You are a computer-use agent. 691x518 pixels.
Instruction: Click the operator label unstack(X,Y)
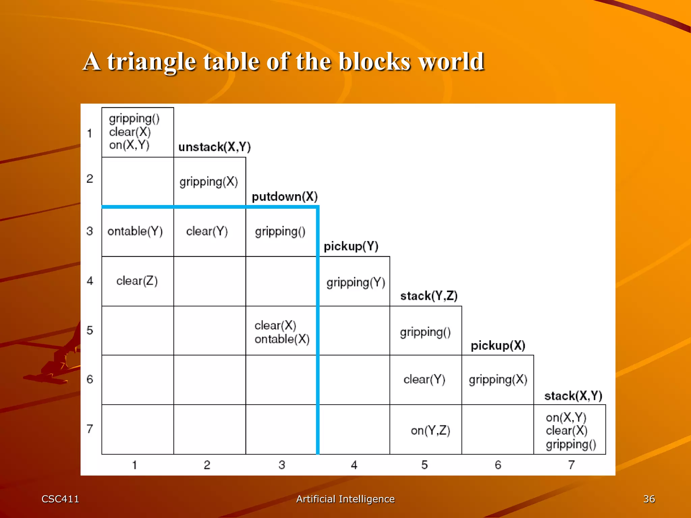pyautogui.click(x=215, y=147)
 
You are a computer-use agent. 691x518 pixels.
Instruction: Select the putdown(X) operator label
pyautogui.click(x=285, y=197)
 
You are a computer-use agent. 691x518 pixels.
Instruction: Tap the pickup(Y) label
pyautogui.click(x=351, y=246)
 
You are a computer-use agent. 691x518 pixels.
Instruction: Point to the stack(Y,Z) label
pyautogui.click(x=429, y=296)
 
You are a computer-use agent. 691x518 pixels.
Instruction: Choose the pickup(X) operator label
pyautogui.click(x=498, y=345)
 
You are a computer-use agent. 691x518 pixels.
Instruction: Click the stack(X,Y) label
pyautogui.click(x=573, y=396)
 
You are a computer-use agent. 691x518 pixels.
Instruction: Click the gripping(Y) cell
pyautogui.click(x=355, y=282)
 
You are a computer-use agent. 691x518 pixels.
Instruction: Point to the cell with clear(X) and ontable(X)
pyautogui.click(x=281, y=332)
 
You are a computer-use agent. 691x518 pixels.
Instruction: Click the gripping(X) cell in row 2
pyautogui.click(x=209, y=181)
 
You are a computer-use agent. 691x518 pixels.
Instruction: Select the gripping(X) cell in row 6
pyautogui.click(x=498, y=380)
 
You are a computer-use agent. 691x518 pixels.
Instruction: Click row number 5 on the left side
pyautogui.click(x=90, y=330)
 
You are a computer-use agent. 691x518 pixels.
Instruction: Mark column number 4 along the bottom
pyautogui.click(x=354, y=465)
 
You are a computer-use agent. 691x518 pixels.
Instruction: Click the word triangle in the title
pyautogui.click(x=151, y=62)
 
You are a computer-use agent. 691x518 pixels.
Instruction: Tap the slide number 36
pyautogui.click(x=649, y=499)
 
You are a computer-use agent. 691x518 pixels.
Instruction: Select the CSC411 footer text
pyautogui.click(x=60, y=499)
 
